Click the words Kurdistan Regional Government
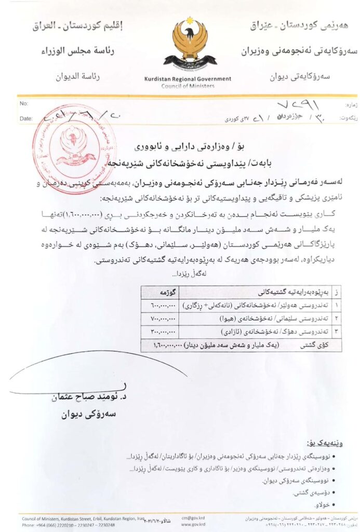188,79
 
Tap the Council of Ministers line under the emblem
188,86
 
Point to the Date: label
25,118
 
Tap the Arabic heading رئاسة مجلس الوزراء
79,51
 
